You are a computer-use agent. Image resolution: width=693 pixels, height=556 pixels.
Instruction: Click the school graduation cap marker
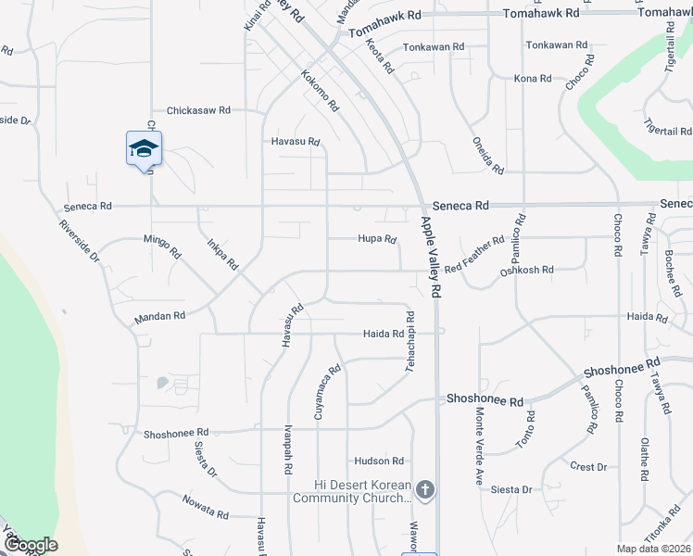[x=144, y=148]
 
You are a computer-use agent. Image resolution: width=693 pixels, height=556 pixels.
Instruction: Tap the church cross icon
[x=425, y=489]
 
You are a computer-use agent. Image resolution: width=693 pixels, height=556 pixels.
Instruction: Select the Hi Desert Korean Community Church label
[x=351, y=491]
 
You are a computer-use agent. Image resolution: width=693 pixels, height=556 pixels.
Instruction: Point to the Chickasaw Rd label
[x=198, y=110]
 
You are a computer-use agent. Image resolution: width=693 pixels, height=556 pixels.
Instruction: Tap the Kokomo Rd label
[x=321, y=90]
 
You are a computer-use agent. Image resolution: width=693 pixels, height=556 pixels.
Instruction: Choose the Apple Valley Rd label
[x=432, y=257]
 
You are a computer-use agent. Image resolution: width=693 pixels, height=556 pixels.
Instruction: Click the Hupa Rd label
[x=377, y=239]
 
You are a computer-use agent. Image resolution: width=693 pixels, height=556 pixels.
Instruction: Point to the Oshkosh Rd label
[x=526, y=271]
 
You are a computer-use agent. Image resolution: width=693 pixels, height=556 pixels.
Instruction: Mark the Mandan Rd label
[x=159, y=316]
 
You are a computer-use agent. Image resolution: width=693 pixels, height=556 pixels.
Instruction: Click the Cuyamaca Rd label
[x=328, y=392]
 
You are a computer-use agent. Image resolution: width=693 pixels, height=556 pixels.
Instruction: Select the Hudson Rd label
[x=378, y=461]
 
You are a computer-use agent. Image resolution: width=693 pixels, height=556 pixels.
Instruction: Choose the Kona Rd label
[x=533, y=79]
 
